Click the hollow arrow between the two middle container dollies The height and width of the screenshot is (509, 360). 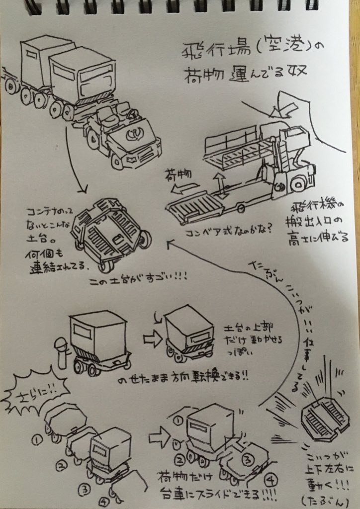[152, 339]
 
